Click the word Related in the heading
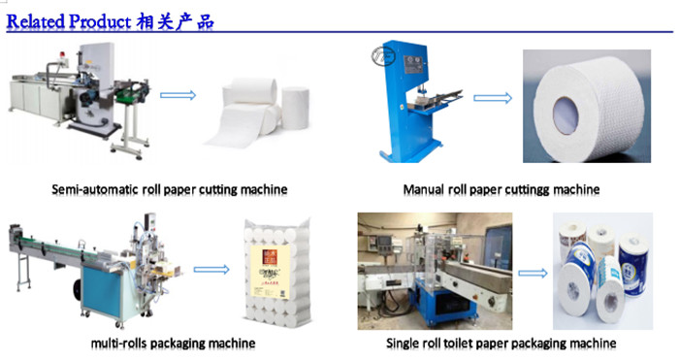(36, 21)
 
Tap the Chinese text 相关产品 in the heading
(175, 21)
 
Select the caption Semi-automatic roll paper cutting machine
(170, 190)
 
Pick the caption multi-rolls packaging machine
(173, 344)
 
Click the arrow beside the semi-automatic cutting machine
(178, 95)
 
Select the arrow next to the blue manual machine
(493, 98)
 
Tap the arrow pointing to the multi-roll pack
(211, 270)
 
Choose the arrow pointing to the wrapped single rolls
(533, 273)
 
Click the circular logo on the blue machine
(382, 57)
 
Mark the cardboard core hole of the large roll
(566, 115)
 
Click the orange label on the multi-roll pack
(269, 257)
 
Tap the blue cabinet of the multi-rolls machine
(102, 291)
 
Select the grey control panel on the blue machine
(415, 64)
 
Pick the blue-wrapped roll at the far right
(633, 265)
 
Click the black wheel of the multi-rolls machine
(78, 289)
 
